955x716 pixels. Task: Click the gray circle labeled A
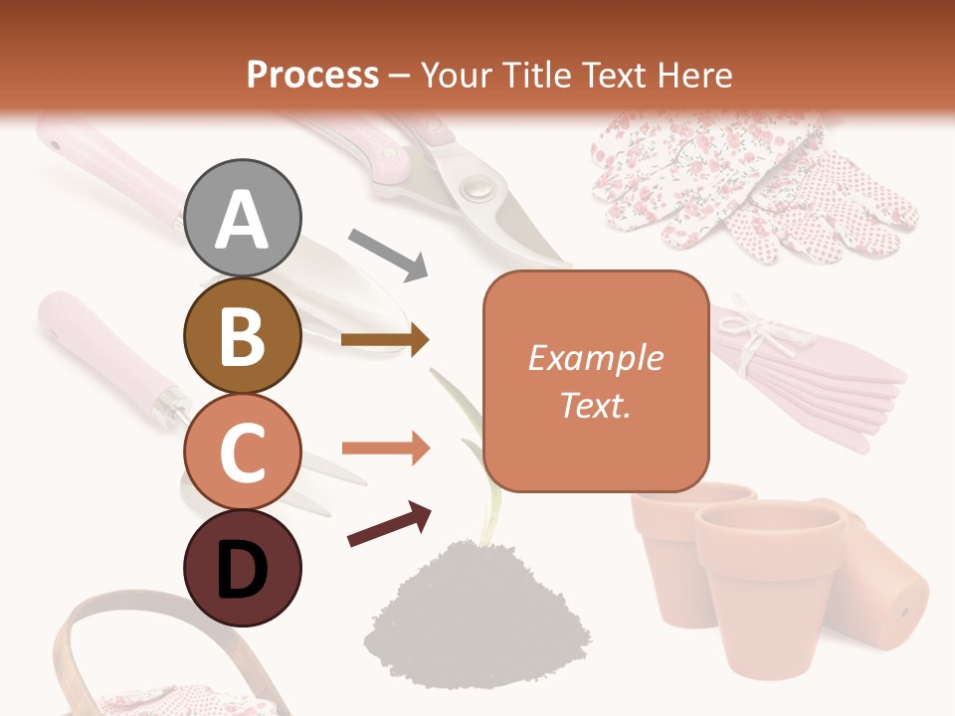click(243, 218)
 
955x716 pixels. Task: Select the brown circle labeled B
click(243, 336)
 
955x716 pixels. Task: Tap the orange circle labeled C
click(243, 451)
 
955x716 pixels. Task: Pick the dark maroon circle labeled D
click(243, 568)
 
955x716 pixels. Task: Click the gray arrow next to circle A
click(388, 253)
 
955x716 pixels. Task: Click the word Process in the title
click(312, 75)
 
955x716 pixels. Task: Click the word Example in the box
click(595, 358)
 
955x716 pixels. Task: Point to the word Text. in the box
click(595, 405)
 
